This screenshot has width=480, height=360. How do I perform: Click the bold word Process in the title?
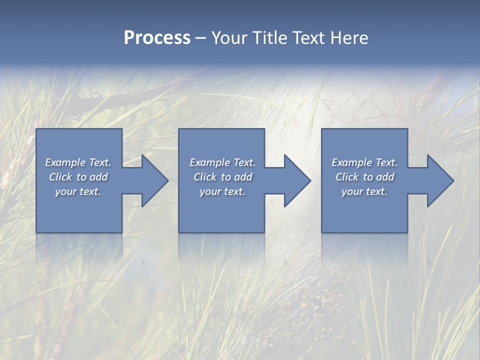click(x=157, y=38)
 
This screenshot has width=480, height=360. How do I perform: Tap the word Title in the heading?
click(x=269, y=38)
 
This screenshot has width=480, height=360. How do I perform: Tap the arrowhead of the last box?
click(x=439, y=181)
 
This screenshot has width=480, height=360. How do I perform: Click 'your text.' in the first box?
click(x=78, y=191)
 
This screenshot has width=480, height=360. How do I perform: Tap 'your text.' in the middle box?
click(x=222, y=191)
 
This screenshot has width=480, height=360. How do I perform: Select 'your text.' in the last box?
click(x=364, y=191)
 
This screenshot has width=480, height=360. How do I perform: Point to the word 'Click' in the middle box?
click(x=205, y=177)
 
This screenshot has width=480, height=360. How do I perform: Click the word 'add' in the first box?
click(x=98, y=177)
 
